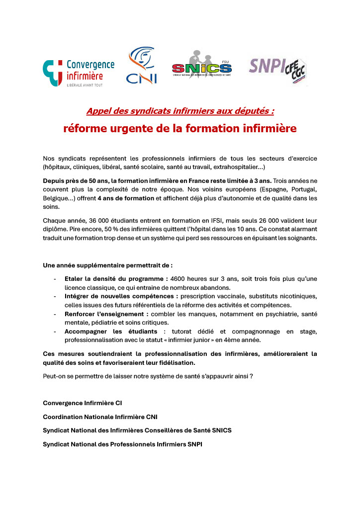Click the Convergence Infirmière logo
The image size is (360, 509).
[79, 72]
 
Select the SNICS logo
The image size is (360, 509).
[201, 64]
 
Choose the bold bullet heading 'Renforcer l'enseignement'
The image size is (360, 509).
[106, 314]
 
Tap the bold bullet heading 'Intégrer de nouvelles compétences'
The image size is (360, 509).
[121, 296]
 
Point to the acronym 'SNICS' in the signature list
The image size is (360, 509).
[221, 430]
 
